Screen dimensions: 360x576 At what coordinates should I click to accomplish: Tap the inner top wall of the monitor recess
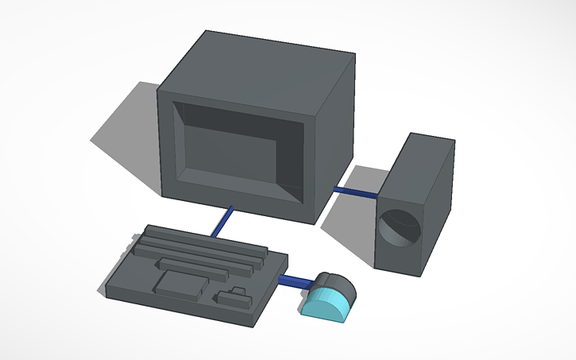pos(238,115)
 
